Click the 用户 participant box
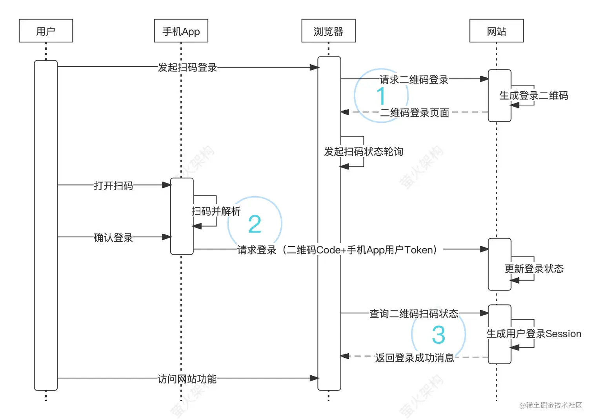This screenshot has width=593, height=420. pos(46,31)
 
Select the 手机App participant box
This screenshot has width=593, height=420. pos(181,31)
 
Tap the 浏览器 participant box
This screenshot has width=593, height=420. pos(329,31)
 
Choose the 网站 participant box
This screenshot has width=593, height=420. pos(497,31)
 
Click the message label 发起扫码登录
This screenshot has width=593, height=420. pos(187,67)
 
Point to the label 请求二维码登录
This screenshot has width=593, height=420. pos(414,80)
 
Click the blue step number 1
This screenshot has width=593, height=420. pos(381,96)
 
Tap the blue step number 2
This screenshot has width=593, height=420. pos(255,224)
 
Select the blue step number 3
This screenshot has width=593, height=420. pos(438,335)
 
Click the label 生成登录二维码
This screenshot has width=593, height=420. pos(533,96)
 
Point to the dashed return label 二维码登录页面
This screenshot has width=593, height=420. pos(415,113)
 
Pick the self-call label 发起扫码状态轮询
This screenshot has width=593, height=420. pos(364,152)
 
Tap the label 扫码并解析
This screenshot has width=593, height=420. pos(216,211)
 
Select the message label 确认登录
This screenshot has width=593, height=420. pos(113,238)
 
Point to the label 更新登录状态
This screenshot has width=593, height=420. pos(534,269)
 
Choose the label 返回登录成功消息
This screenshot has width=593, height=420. pos(414,358)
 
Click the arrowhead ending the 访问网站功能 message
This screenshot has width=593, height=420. pos(315,378)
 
